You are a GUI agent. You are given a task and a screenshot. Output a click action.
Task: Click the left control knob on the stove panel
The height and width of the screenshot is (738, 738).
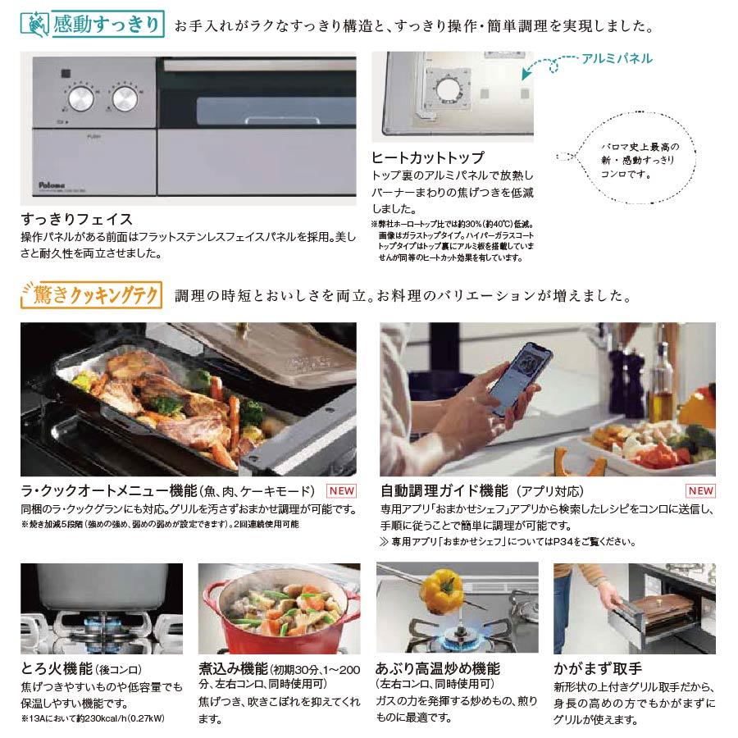[x=81, y=99]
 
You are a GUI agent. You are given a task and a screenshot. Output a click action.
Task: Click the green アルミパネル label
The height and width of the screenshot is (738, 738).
[x=617, y=58]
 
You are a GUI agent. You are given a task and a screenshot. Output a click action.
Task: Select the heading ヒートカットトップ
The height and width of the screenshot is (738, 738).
[x=427, y=157]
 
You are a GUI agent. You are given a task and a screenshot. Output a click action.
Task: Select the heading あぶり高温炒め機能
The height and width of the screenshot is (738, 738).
[x=437, y=668]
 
